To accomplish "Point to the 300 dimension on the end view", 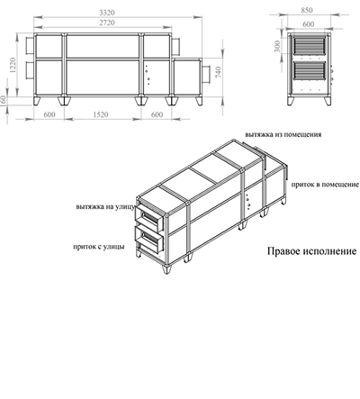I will [x=278, y=46].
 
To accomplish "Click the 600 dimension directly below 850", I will [x=309, y=24].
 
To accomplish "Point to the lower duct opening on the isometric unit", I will [x=149, y=239].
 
